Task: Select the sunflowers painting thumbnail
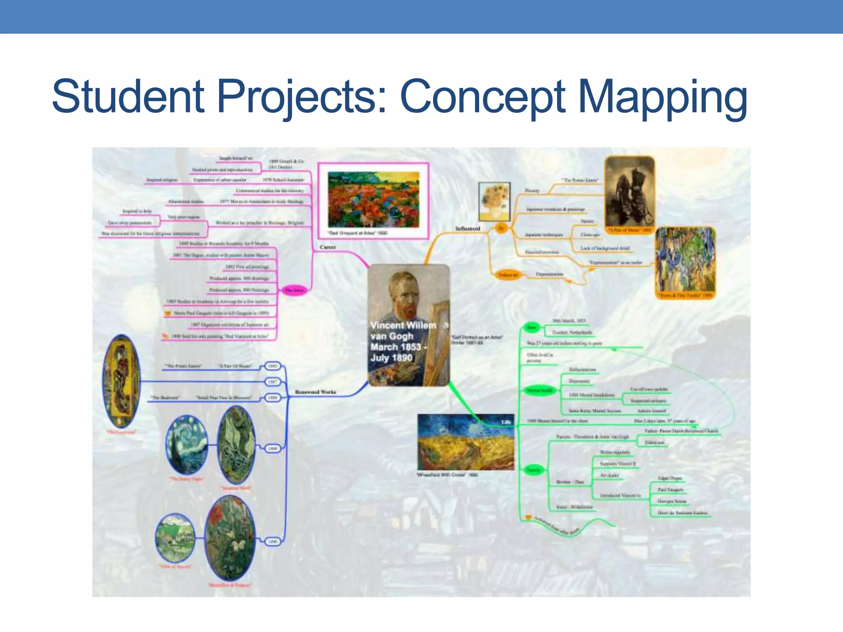(494, 202)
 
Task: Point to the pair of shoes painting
(629, 193)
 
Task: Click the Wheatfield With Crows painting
(466, 442)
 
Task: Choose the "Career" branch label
(328, 247)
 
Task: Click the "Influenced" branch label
(468, 228)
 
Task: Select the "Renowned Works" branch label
(316, 392)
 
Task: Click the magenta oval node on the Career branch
(295, 290)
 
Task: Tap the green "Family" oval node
(533, 470)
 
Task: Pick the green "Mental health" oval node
(540, 390)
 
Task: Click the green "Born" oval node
(532, 328)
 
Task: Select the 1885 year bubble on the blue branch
(272, 366)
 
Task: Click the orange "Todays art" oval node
(508, 275)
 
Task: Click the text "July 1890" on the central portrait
(391, 358)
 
